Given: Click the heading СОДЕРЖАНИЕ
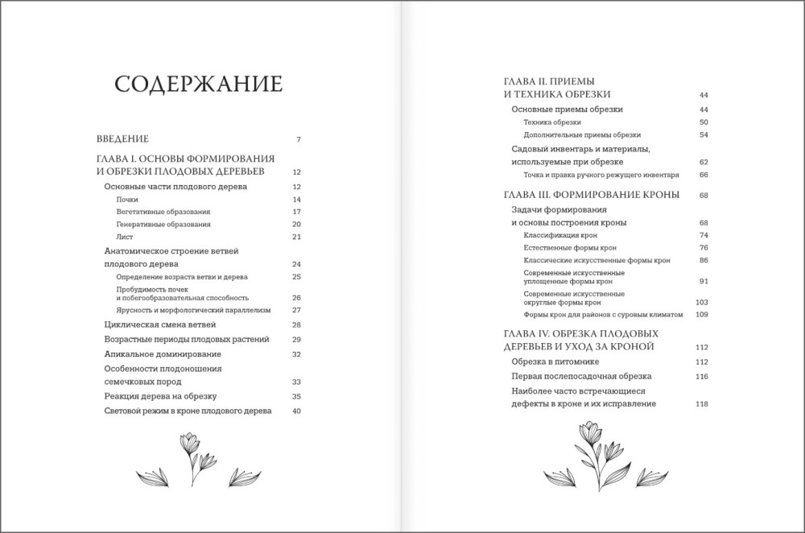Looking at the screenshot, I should tap(197, 85).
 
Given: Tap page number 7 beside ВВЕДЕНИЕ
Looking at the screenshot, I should tap(298, 140).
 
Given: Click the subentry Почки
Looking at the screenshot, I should tap(126, 199).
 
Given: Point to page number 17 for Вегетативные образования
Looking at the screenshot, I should tap(296, 212).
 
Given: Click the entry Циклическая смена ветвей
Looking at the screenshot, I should tap(160, 324).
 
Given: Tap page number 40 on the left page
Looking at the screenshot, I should tap(295, 411).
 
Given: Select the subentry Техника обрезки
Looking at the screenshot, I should tap(551, 122).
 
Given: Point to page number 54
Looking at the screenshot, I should tap(703, 134).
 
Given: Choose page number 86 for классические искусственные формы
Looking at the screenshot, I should tap(703, 261).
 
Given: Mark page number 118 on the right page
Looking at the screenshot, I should tap(701, 404).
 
